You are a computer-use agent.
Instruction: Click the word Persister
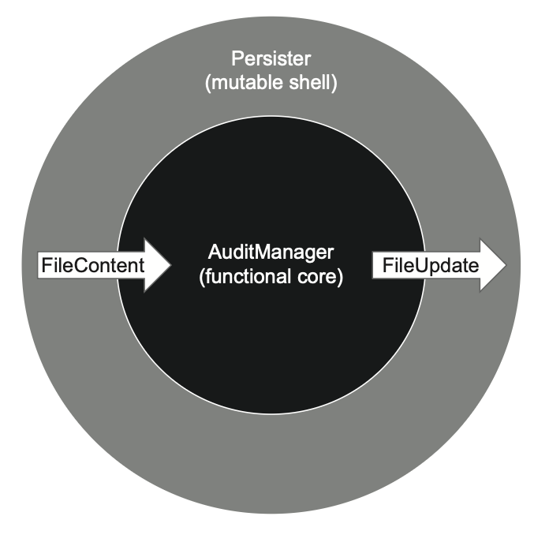[271, 59]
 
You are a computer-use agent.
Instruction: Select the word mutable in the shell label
[242, 83]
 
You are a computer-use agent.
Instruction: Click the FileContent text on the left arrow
[92, 265]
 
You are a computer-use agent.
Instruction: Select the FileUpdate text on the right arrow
[431, 265]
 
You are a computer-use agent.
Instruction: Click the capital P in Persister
[235, 59]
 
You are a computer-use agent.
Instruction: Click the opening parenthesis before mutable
[207, 84]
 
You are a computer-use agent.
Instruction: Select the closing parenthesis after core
[341, 279]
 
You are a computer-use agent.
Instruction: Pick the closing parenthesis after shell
[334, 84]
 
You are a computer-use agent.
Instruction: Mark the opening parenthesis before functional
[204, 279]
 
